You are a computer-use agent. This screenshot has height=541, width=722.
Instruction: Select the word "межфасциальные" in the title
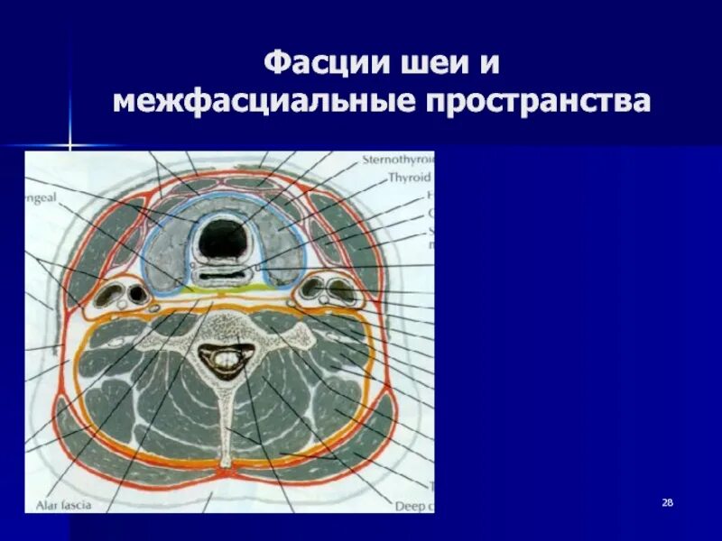pos(257,102)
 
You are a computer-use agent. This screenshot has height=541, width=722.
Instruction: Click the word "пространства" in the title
pos(532,102)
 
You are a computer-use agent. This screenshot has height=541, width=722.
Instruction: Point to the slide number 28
pos(668,502)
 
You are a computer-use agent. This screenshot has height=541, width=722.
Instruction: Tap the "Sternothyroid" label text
pos(397,160)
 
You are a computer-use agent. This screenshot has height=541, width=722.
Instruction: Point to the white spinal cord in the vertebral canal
pos(223,362)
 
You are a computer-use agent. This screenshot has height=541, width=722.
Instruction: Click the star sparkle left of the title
pos(69,144)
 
